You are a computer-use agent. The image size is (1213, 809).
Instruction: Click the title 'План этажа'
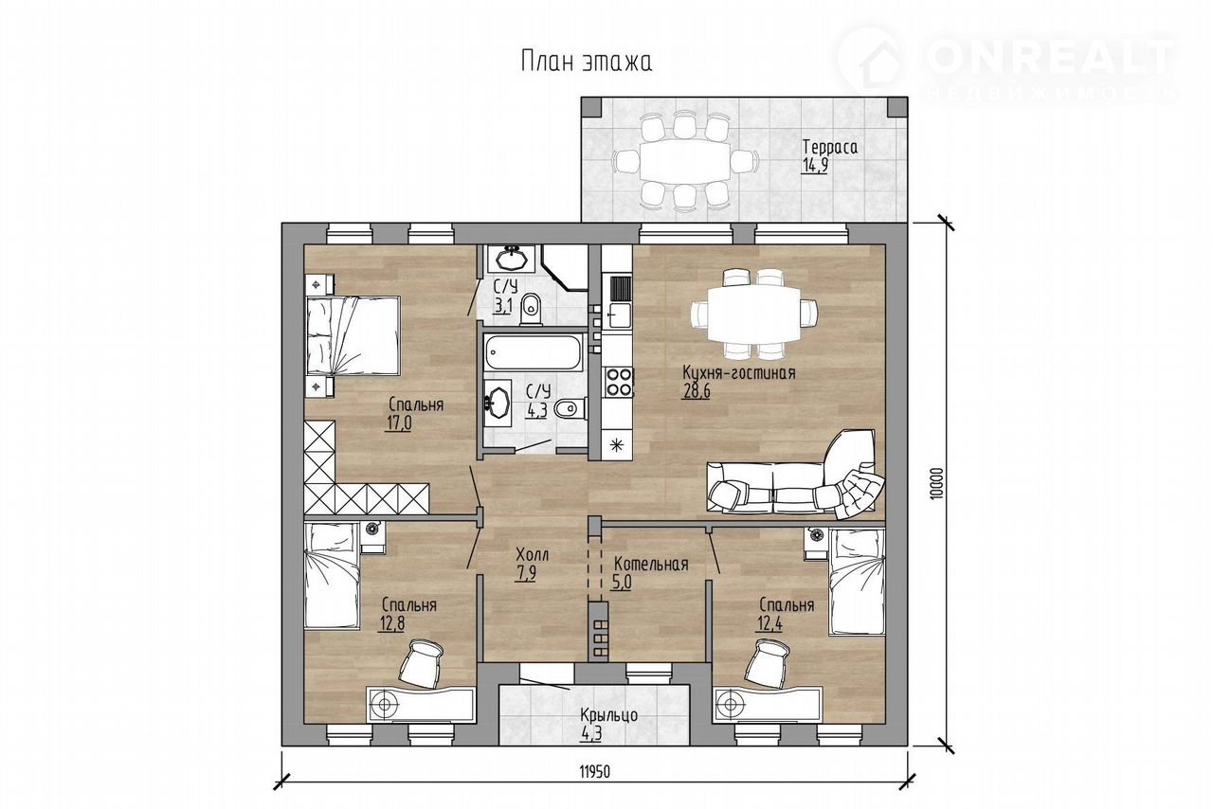(587, 62)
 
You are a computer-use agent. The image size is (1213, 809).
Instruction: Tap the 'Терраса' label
(830, 147)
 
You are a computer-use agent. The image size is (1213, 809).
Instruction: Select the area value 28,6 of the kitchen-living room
(696, 391)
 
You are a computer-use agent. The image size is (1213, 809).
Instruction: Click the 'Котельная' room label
(651, 564)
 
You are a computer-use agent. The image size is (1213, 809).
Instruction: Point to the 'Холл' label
(532, 554)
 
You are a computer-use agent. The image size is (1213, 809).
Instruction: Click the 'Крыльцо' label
(608, 715)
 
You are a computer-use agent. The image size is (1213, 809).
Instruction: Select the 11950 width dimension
(595, 772)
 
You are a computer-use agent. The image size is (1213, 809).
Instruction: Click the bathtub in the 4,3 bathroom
(533, 353)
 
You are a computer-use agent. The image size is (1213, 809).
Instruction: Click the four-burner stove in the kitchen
(618, 382)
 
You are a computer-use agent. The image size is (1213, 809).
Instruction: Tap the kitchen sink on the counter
(618, 316)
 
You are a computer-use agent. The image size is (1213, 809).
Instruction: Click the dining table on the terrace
(685, 162)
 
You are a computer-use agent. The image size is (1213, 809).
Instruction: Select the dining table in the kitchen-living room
(753, 314)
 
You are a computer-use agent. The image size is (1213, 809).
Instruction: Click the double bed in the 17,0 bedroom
(353, 335)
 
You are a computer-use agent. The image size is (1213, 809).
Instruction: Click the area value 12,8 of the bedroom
(392, 623)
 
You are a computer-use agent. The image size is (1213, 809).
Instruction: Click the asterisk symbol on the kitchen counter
(616, 445)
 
